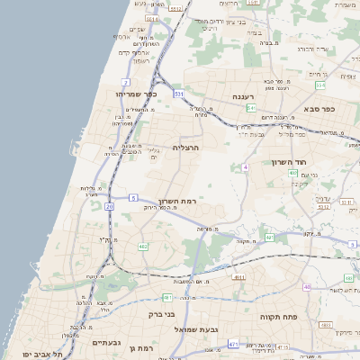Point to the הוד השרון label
[x=289, y=162]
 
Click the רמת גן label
[x=143, y=348]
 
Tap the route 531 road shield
[x=179, y=93]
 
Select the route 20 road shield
[x=110, y=206]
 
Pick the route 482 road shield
[x=143, y=246]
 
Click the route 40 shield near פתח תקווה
[x=307, y=287]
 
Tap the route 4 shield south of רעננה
[x=245, y=167]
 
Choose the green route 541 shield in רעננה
[x=251, y=108]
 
